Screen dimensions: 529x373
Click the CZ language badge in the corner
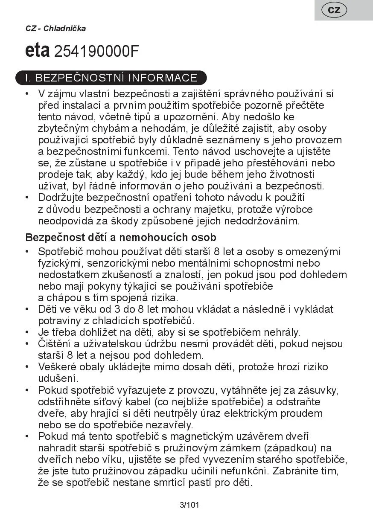[334, 10]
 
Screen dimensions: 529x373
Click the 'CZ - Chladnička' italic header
[55, 29]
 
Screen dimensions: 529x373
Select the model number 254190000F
[97, 52]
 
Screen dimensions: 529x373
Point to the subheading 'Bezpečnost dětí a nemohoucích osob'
[121, 237]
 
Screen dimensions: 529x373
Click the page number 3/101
[189, 506]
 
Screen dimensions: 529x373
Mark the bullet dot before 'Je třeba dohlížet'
[27, 332]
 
